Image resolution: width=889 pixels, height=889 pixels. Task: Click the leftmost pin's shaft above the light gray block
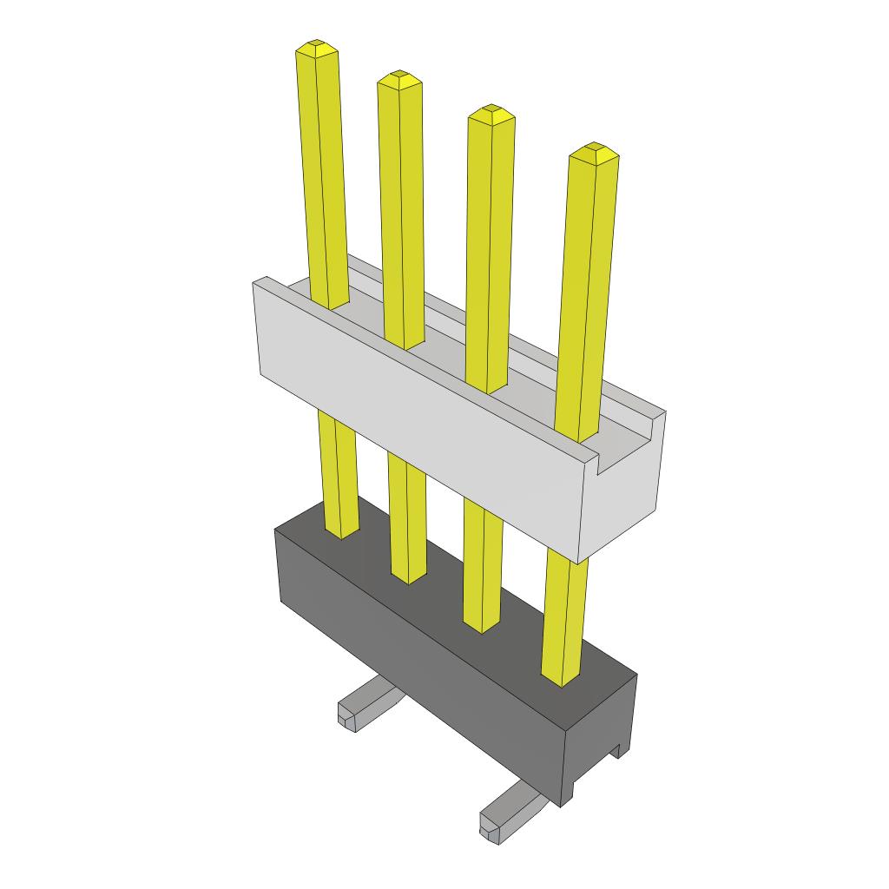click(323, 174)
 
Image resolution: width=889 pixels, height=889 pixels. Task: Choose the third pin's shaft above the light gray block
click(490, 252)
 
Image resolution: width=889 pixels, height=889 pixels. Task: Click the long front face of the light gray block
click(417, 417)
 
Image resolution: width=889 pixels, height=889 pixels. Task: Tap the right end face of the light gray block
click(629, 495)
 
